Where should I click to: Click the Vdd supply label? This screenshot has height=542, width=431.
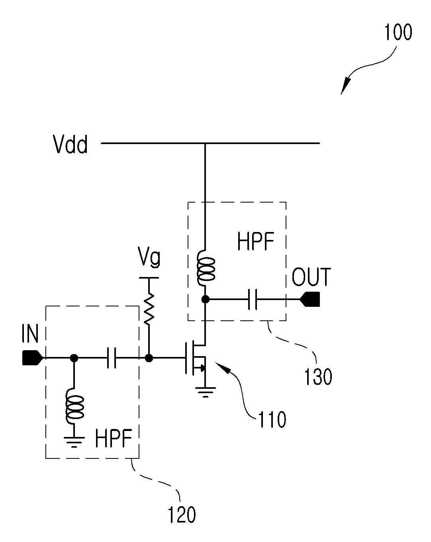[x=70, y=144]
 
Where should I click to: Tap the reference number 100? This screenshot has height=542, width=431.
[x=398, y=32]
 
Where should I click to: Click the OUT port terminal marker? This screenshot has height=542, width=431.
[x=310, y=299]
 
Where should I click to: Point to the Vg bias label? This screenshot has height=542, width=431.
[x=149, y=257]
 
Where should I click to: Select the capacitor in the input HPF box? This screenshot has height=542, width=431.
[x=111, y=358]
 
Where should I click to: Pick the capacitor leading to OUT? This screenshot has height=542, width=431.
[x=253, y=299]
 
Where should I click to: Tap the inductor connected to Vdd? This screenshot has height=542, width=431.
[x=206, y=268]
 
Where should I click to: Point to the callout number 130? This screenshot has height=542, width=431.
[x=318, y=376]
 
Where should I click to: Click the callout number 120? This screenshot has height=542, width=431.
[x=182, y=515]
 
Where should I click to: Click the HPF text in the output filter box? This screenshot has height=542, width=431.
[x=255, y=241]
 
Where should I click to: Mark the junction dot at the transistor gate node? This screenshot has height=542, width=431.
[x=149, y=358]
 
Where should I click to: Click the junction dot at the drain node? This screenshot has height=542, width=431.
[x=206, y=299]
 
